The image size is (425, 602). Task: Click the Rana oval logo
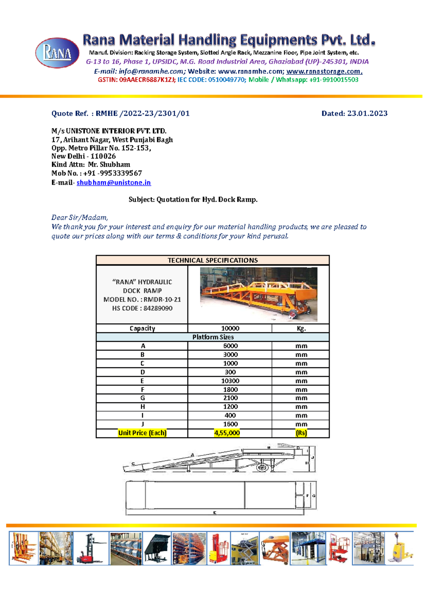(57, 53)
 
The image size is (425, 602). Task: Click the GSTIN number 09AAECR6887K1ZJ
(147, 80)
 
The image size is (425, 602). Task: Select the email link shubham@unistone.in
(114, 183)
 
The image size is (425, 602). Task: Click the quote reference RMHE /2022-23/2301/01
(142, 113)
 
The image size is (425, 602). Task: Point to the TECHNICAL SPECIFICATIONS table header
(212, 260)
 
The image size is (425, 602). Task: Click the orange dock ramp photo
(259, 294)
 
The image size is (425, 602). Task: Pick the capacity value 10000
(230, 328)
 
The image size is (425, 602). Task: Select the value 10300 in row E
(230, 381)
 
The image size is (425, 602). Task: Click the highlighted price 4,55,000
(227, 433)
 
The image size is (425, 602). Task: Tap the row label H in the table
(142, 407)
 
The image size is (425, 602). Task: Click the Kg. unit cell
(301, 328)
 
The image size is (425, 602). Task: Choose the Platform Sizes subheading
(212, 337)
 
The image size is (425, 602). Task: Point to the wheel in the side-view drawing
(262, 468)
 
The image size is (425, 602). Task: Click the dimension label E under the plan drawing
(215, 513)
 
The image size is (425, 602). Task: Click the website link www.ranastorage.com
(324, 71)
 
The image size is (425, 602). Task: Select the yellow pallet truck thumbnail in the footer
(400, 548)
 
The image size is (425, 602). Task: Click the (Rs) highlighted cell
(301, 433)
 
